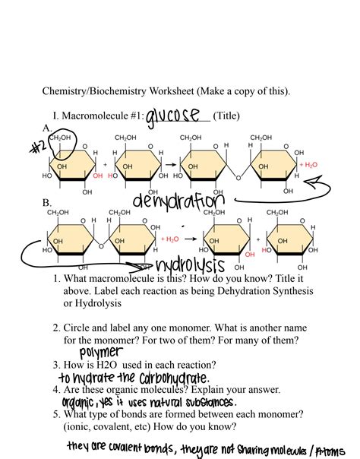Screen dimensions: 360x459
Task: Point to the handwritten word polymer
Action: tap(99, 352)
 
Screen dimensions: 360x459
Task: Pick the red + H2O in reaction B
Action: tap(170, 238)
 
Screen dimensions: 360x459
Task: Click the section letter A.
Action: tap(47, 128)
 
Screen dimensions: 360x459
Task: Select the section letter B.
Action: tap(47, 204)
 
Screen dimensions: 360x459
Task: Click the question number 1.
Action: tap(57, 279)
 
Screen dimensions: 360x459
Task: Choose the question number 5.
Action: tap(57, 414)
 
